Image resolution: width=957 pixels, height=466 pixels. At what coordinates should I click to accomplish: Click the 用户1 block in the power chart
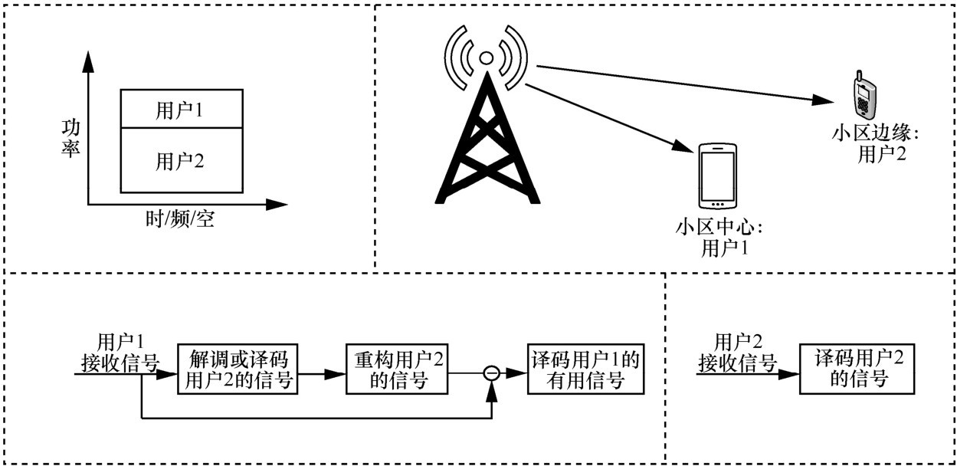[x=182, y=108]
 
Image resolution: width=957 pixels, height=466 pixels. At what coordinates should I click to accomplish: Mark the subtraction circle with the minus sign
[x=492, y=373]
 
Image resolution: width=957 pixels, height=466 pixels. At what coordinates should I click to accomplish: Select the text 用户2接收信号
[x=737, y=352]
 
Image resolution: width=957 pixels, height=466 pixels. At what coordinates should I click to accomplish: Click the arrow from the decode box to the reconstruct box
[x=321, y=374]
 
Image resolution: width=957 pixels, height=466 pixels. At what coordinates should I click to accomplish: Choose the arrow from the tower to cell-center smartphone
[x=605, y=116]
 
